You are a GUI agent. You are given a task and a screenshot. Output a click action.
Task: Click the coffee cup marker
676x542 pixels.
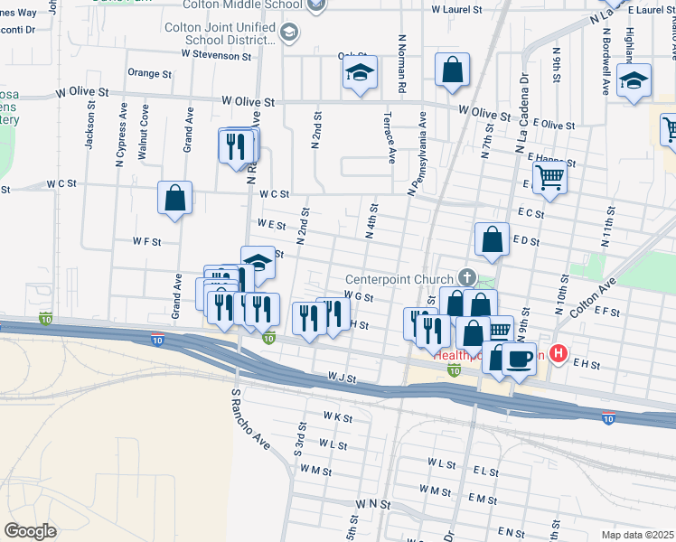pos(519,359)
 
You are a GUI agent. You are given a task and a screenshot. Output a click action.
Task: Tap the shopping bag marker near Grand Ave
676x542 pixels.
pos(174,198)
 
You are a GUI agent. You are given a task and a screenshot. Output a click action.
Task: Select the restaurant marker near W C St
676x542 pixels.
pos(238,146)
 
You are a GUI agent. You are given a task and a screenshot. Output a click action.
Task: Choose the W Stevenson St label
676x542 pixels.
pos(215,54)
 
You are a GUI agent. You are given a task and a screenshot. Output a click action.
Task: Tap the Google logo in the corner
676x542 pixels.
pos(30,530)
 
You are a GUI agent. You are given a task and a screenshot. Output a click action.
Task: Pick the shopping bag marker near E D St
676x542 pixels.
pos(492,240)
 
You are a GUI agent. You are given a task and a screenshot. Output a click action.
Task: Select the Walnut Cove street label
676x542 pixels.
pos(144,132)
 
